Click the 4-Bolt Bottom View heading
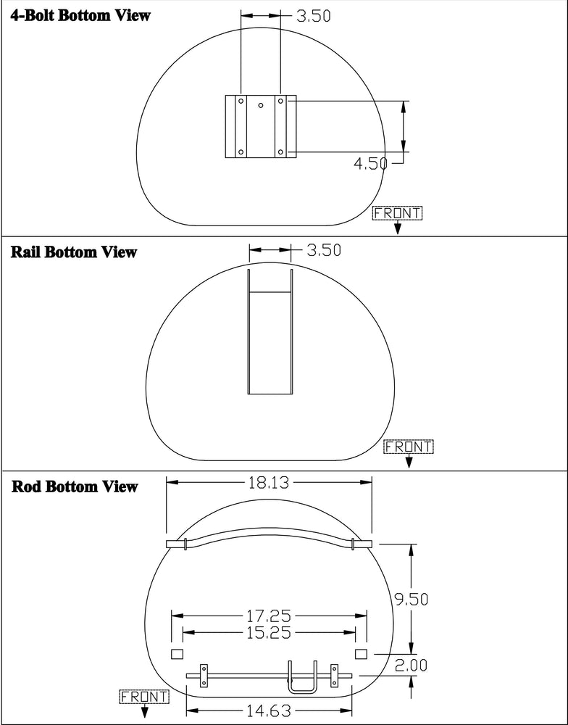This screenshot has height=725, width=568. coord(80,15)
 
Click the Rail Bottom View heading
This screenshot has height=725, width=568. coord(74,252)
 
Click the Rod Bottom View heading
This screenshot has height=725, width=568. coord(75,486)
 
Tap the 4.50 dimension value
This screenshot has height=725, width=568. coord(369,163)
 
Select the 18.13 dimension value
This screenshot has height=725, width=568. coord(269,483)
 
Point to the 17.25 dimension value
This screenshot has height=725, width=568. coord(269,616)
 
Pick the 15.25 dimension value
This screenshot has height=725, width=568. coord(269,632)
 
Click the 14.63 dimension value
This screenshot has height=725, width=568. coord(269,710)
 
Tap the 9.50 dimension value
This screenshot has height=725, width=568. coord(412,599)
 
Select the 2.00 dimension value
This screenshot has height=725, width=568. coord(412,666)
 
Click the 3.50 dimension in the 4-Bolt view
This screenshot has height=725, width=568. coord(314,16)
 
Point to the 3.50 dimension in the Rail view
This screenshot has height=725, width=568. coord(325,249)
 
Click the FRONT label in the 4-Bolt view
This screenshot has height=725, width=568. coord(398,213)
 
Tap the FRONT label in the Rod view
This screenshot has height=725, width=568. coord(145,696)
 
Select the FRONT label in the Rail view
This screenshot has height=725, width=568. coord(409,447)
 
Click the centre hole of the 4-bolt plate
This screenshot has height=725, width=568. coord(261,105)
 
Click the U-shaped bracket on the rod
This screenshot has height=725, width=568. coord(303,677)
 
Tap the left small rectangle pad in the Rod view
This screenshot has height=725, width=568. coord(177,654)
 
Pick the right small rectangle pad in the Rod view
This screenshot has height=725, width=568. coord(361,654)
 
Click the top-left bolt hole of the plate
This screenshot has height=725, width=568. coord(241,100)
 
